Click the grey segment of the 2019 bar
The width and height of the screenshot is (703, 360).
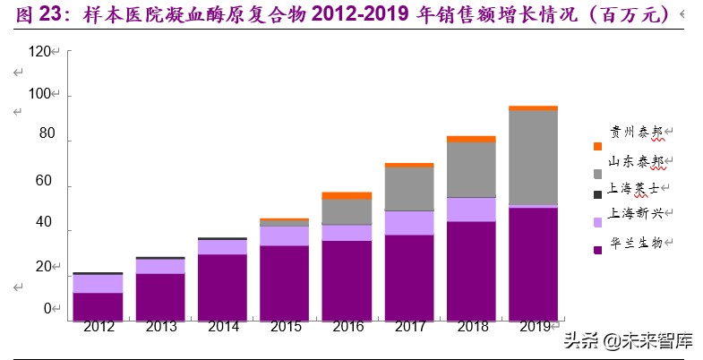pyautogui.click(x=533, y=158)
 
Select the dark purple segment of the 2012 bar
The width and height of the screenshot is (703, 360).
pyautogui.click(x=98, y=305)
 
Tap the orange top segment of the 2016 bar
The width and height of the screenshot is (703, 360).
pyautogui.click(x=321, y=195)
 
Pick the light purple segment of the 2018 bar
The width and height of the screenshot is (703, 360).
pyautogui.click(x=471, y=209)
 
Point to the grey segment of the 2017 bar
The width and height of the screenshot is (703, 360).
pyautogui.click(x=409, y=188)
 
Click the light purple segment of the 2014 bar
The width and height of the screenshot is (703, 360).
pyautogui.click(x=222, y=246)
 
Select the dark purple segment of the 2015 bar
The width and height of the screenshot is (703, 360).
pyautogui.click(x=285, y=282)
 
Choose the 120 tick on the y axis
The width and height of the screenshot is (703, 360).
pyautogui.click(x=40, y=53)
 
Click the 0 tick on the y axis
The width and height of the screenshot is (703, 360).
pyautogui.click(x=48, y=309)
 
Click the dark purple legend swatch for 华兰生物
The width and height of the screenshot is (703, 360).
pyautogui.click(x=597, y=249)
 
